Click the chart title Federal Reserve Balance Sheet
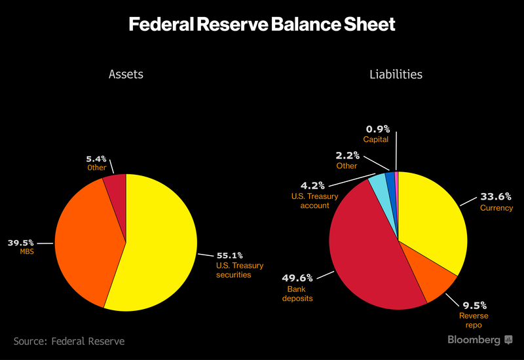(x=262, y=25)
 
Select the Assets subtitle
(x=126, y=74)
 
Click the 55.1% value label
(x=230, y=255)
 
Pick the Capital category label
(x=376, y=139)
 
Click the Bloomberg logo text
(x=474, y=340)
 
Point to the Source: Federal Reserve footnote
(x=69, y=341)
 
